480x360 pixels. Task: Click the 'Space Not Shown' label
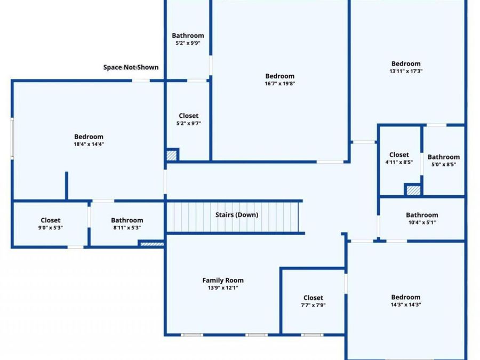pyautogui.click(x=131, y=67)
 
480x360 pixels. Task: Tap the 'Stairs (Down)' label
pyautogui.click(x=237, y=215)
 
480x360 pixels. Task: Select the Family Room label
pyautogui.click(x=223, y=280)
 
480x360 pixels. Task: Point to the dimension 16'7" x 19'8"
pyautogui.click(x=280, y=83)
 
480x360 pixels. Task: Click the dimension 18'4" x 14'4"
pyautogui.click(x=89, y=144)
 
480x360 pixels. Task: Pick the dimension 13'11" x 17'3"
pyautogui.click(x=406, y=71)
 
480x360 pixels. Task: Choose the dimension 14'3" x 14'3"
pyautogui.click(x=406, y=305)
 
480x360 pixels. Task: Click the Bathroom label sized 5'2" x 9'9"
pyautogui.click(x=188, y=36)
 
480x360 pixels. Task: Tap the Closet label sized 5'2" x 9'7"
pyautogui.click(x=189, y=116)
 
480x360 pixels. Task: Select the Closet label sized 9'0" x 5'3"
pyautogui.click(x=51, y=220)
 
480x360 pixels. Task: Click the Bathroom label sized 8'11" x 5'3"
pyautogui.click(x=127, y=220)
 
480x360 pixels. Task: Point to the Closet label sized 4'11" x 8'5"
pyautogui.click(x=399, y=155)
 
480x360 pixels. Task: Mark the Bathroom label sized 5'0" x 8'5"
pyautogui.click(x=444, y=157)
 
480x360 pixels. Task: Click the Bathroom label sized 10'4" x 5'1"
pyautogui.click(x=422, y=215)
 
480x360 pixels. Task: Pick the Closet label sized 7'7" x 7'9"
pyautogui.click(x=313, y=298)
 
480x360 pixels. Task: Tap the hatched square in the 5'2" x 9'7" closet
pyautogui.click(x=171, y=155)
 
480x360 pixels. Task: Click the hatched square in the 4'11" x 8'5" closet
pyautogui.click(x=413, y=190)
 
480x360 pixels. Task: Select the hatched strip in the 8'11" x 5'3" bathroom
pyautogui.click(x=152, y=244)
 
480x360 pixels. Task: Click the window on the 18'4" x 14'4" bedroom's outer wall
pyautogui.click(x=12, y=138)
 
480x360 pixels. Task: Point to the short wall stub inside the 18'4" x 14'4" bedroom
pyautogui.click(x=67, y=186)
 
